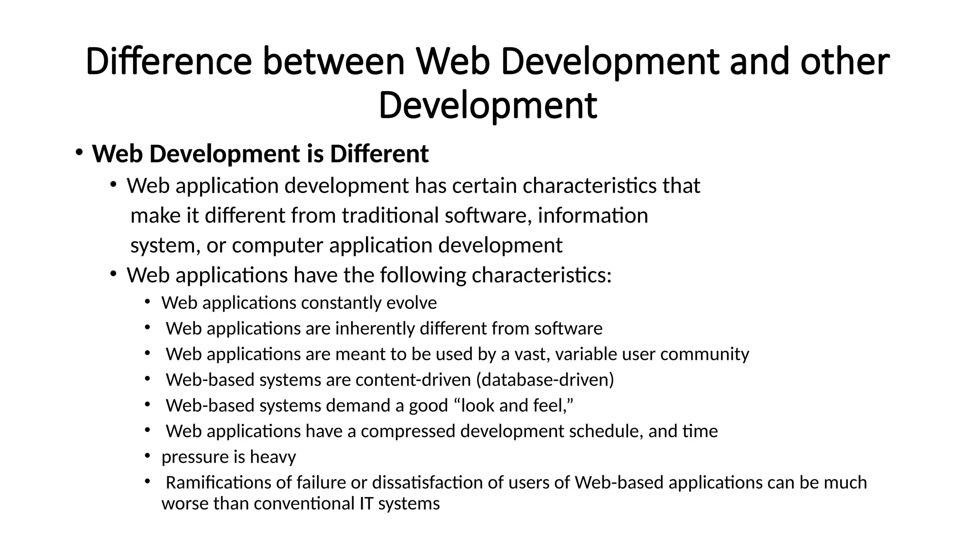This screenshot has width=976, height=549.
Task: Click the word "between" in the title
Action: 334,62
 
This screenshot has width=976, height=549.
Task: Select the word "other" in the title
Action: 844,62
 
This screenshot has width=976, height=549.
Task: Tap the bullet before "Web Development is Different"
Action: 79,152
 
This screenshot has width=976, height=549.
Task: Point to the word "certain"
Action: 484,186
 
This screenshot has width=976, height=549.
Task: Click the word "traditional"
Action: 392,216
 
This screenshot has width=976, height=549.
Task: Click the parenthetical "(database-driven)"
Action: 545,380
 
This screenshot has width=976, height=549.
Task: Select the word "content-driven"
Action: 413,380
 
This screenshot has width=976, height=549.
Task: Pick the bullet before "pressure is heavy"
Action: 148,456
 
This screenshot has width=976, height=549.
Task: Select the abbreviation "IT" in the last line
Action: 366,504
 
